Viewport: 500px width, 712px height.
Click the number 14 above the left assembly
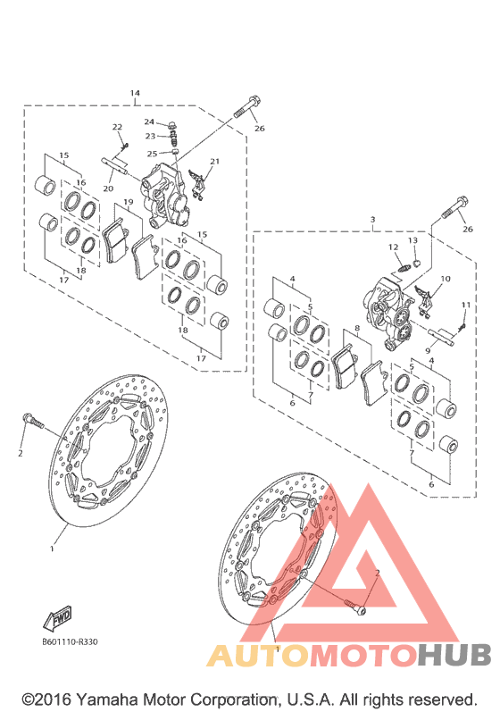point(135,93)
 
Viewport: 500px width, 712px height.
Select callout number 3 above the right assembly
point(372,220)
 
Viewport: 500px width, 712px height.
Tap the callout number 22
point(117,127)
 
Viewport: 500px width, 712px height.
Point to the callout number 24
point(149,121)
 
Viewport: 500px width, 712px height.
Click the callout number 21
point(214,161)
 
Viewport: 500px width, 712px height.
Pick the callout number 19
point(129,202)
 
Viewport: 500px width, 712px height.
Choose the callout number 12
point(393,247)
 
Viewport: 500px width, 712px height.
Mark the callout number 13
point(412,240)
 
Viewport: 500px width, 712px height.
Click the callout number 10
point(446,279)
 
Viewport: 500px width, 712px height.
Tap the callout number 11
point(466,305)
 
